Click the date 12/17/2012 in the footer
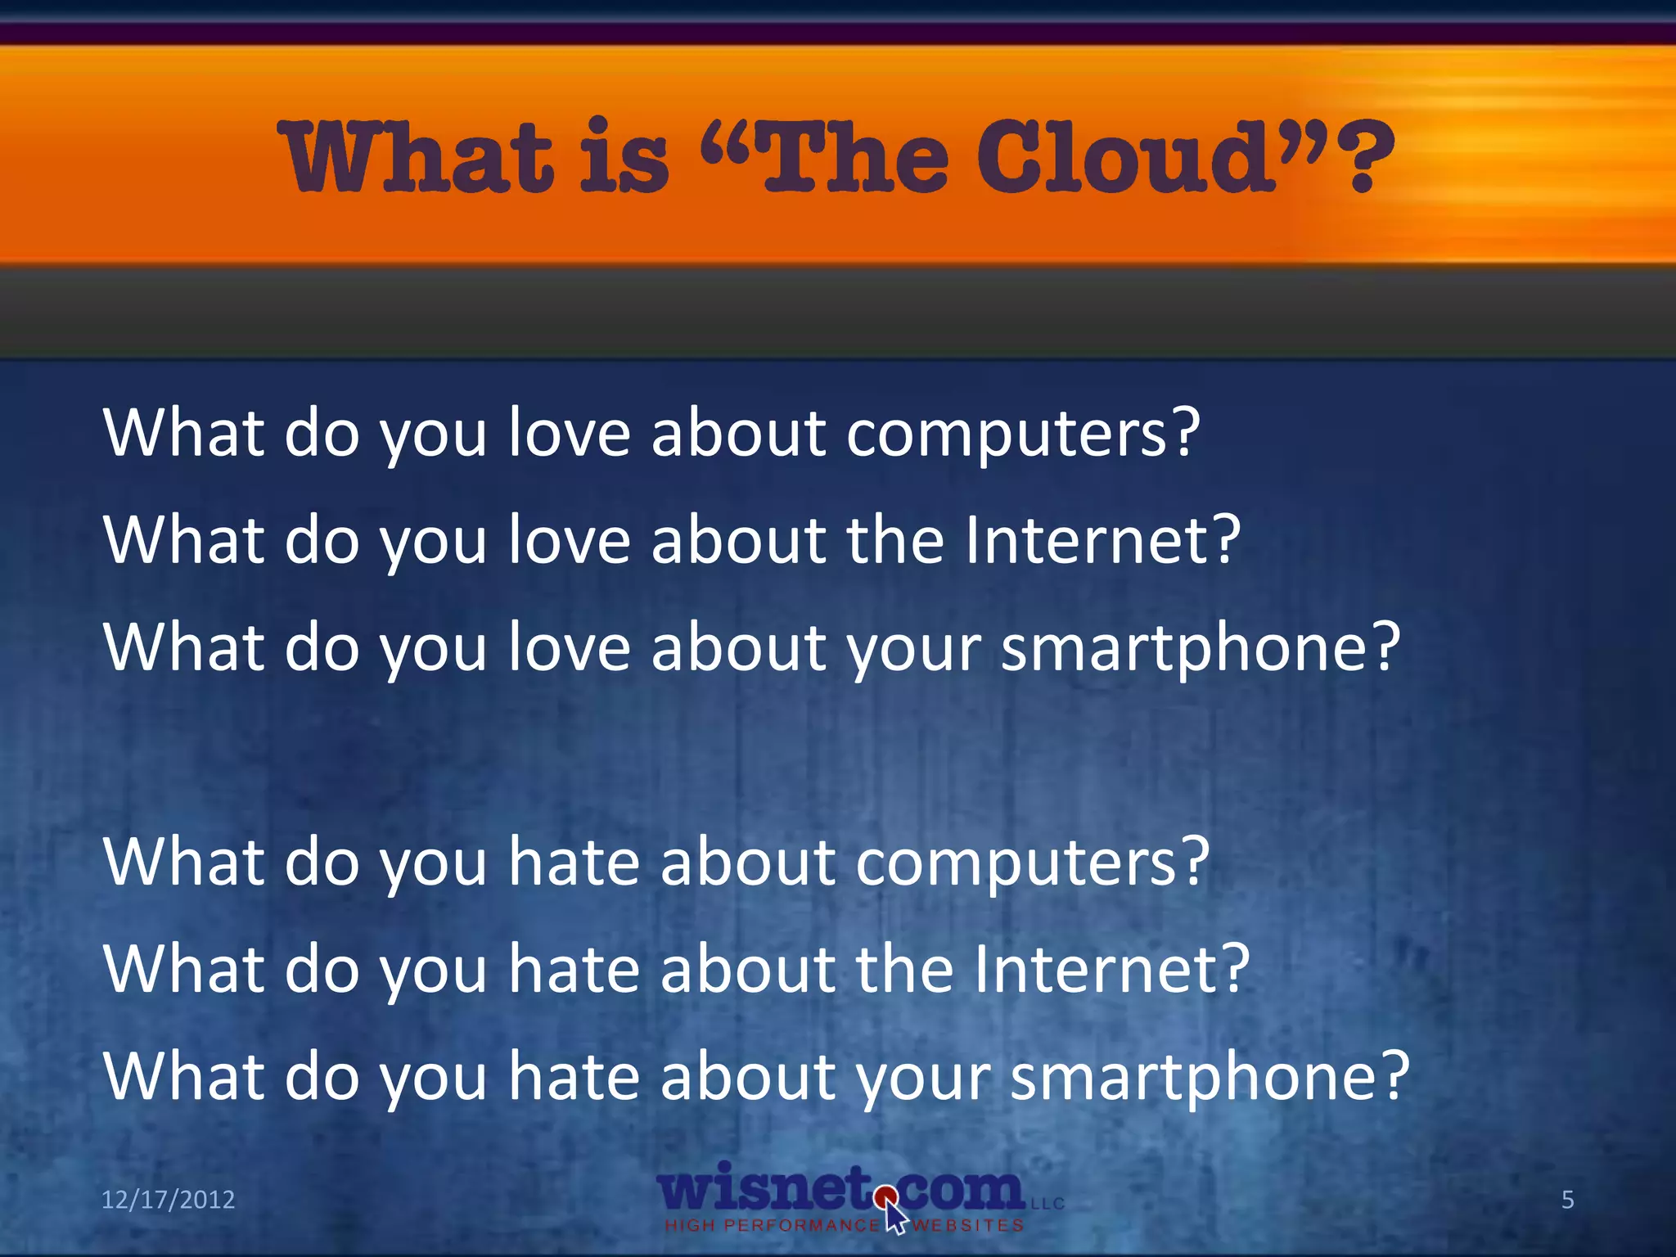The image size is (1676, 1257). (x=168, y=1200)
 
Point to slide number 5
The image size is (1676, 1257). (x=1567, y=1200)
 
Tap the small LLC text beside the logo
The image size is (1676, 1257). (x=1047, y=1204)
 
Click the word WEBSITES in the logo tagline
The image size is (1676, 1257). (x=969, y=1225)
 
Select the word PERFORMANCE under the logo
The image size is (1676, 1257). (x=801, y=1225)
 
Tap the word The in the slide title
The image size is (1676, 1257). (x=855, y=157)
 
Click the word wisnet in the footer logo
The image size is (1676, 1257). (x=765, y=1189)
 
